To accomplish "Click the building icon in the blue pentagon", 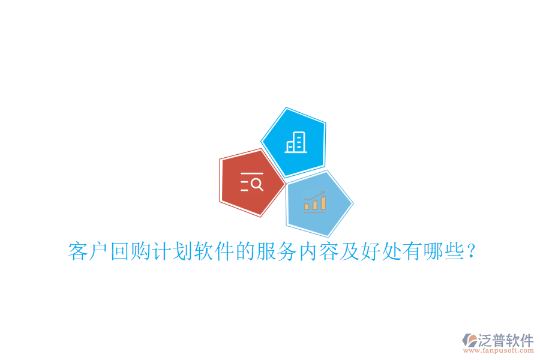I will click(x=295, y=142).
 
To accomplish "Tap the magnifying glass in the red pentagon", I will click(x=256, y=184).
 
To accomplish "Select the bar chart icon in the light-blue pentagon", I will click(x=315, y=203).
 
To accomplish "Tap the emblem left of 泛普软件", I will click(x=469, y=340).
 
